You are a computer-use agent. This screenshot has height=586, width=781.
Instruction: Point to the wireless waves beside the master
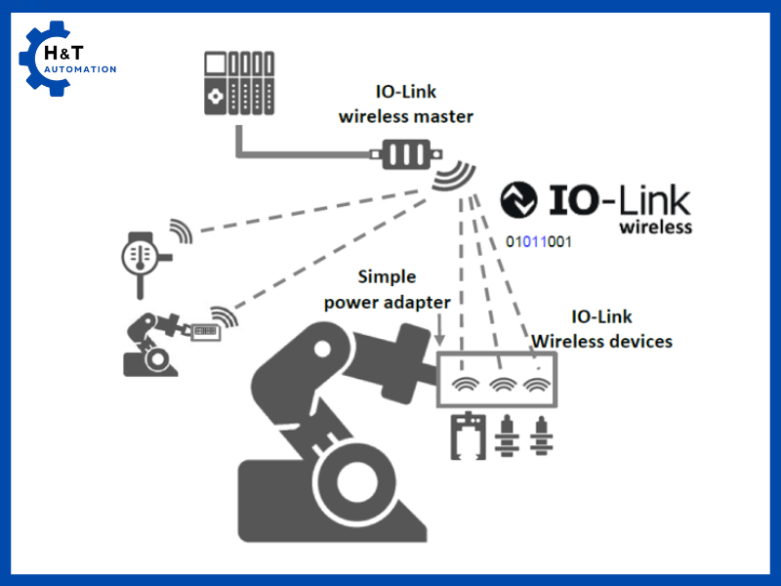pos(453,180)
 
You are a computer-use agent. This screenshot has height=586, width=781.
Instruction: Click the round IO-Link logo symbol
pos(518,200)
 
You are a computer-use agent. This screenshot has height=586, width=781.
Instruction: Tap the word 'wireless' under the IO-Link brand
pos(656,227)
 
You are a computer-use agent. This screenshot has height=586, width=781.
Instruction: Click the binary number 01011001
pos(539,242)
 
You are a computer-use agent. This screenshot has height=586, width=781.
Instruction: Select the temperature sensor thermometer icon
pos(139,256)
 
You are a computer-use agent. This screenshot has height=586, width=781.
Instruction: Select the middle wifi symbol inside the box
pos(502,383)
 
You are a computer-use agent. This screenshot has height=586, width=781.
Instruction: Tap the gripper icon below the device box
pos(468,436)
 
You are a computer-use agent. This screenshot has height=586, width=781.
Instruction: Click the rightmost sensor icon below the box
pos(537,436)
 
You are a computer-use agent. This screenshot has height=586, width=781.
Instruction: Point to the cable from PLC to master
pos(293,154)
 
